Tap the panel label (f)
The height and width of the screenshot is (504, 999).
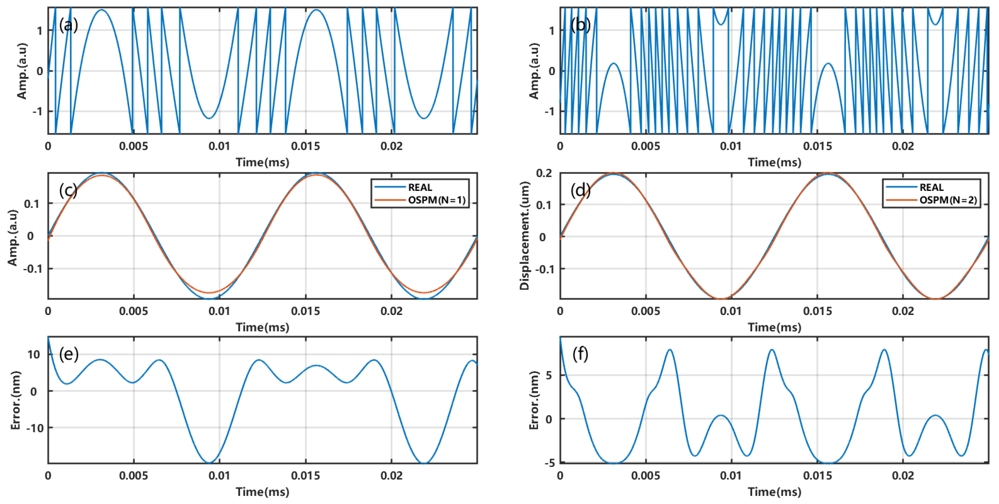(580, 354)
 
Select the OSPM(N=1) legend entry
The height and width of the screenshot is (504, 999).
(436, 200)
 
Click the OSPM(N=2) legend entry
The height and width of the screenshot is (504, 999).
(948, 200)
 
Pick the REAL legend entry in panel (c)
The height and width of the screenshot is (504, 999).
(420, 187)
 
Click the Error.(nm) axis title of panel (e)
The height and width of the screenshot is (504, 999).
(15, 400)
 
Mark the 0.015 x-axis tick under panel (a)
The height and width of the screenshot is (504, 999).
(306, 146)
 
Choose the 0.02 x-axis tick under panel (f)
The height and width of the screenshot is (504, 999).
(903, 476)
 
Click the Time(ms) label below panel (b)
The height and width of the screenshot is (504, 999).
(774, 162)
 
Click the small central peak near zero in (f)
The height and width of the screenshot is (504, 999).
(721, 415)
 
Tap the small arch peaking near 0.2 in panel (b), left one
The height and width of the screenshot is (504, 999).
(613, 64)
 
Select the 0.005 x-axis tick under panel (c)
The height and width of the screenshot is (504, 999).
(134, 311)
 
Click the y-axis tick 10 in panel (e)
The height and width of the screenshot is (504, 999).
(34, 354)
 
